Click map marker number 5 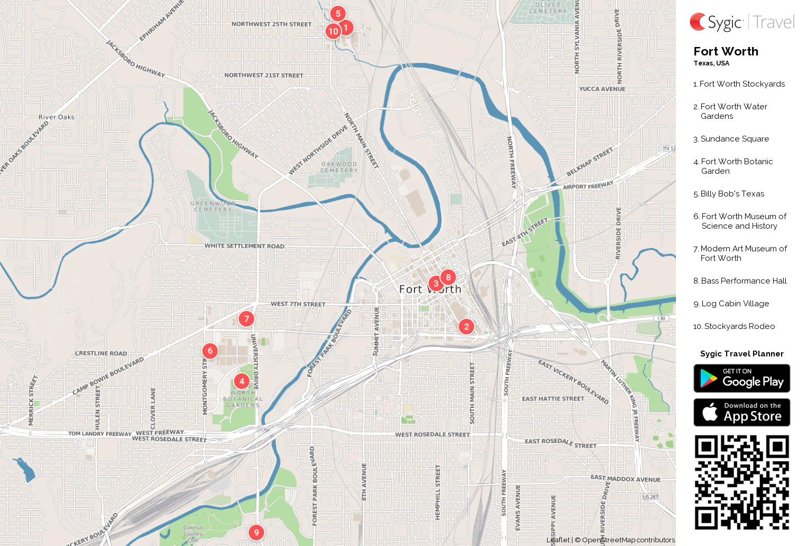338,14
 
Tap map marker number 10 333,32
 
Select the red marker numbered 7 246,319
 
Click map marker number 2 466,327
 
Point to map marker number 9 256,532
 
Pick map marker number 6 210,351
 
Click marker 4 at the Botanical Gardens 242,381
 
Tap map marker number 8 448,277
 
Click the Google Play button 741,379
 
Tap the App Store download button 741,412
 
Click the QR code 741,482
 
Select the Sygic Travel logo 741,22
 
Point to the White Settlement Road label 244,246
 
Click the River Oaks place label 57,117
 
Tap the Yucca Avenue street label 602,89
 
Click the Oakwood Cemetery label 339,167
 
